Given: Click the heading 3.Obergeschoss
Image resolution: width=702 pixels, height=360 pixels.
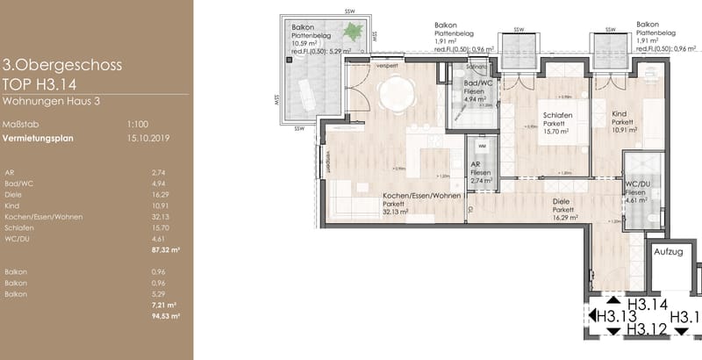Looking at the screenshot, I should (x=62, y=65).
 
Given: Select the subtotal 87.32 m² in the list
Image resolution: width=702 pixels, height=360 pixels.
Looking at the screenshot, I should (x=159, y=249).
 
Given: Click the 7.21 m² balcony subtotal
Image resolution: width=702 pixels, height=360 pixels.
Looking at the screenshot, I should (x=160, y=305).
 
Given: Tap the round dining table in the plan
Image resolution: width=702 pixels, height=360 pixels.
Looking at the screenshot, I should (x=398, y=89).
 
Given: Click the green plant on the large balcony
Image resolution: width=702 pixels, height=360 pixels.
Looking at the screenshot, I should (x=353, y=32).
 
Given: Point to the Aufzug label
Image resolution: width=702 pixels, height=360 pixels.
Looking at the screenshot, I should (x=669, y=252).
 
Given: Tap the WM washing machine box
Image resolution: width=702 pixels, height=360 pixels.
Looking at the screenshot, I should (x=481, y=145).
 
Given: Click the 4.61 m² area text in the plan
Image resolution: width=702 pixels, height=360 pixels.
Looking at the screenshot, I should (x=636, y=199).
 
